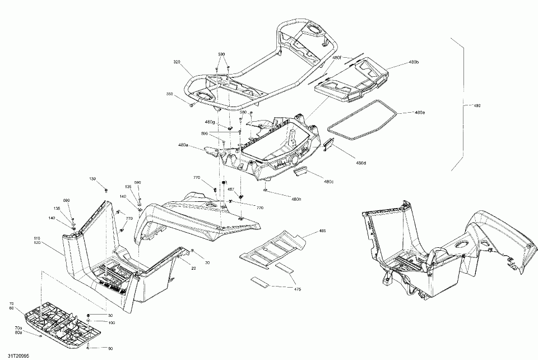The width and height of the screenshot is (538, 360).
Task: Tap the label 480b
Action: point(414,62)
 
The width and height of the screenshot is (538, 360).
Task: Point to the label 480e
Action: point(419,113)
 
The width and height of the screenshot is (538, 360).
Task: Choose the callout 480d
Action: point(360,163)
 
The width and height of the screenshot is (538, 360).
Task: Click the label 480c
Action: point(328,181)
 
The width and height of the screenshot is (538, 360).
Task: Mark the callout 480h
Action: point(296,199)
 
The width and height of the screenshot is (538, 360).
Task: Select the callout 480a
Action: point(183,145)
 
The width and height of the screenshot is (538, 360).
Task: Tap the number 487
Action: point(230,190)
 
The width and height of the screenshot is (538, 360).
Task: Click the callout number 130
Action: point(92,179)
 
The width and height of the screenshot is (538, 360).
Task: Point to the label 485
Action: point(322,231)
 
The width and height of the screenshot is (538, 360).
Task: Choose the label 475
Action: point(298,289)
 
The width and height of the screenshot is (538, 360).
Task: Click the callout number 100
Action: point(112,323)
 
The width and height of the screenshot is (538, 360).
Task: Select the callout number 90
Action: point(110,348)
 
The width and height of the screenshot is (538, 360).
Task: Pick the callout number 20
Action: point(194,268)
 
